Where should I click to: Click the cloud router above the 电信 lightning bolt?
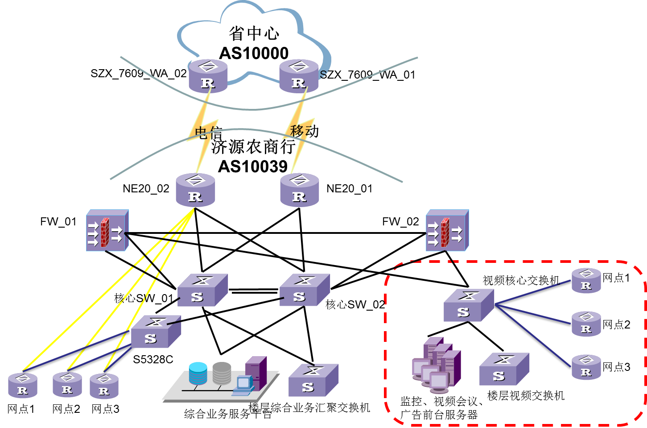tap(208, 76)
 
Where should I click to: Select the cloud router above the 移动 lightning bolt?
tap(299, 76)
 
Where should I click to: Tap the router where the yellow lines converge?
tap(195, 190)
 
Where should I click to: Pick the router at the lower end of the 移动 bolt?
tap(299, 190)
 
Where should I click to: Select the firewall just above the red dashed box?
tap(447, 230)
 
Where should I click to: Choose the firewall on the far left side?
tap(107, 230)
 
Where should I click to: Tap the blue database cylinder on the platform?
tap(198, 373)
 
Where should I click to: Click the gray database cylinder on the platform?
tap(222, 373)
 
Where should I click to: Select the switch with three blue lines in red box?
tap(469, 305)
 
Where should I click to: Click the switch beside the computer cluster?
tap(504, 369)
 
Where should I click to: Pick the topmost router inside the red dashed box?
tap(586, 281)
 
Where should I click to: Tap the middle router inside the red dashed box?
tap(586, 324)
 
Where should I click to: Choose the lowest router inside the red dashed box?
tap(586, 367)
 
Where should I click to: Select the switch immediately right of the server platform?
tap(313, 380)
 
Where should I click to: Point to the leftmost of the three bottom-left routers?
tap(23, 386)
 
